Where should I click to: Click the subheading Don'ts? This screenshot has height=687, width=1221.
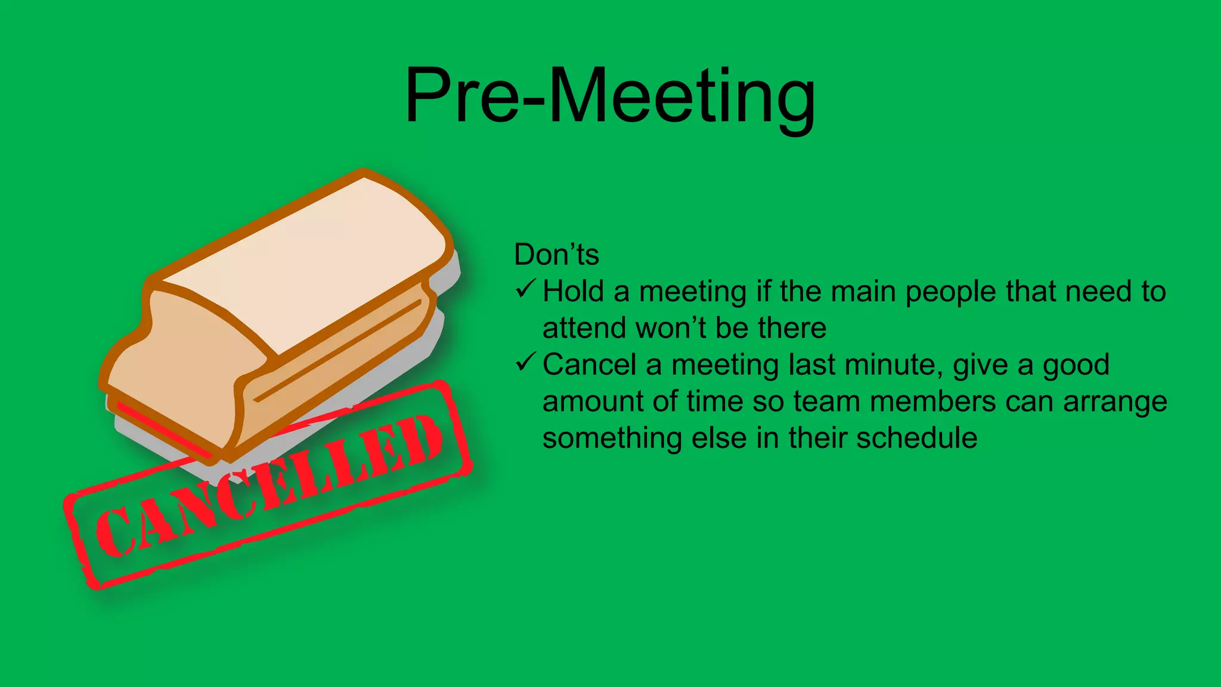point(556,255)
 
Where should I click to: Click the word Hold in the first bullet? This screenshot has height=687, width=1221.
point(573,292)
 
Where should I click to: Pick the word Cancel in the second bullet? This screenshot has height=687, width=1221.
point(589,364)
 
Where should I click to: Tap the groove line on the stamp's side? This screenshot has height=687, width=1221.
point(337,351)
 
